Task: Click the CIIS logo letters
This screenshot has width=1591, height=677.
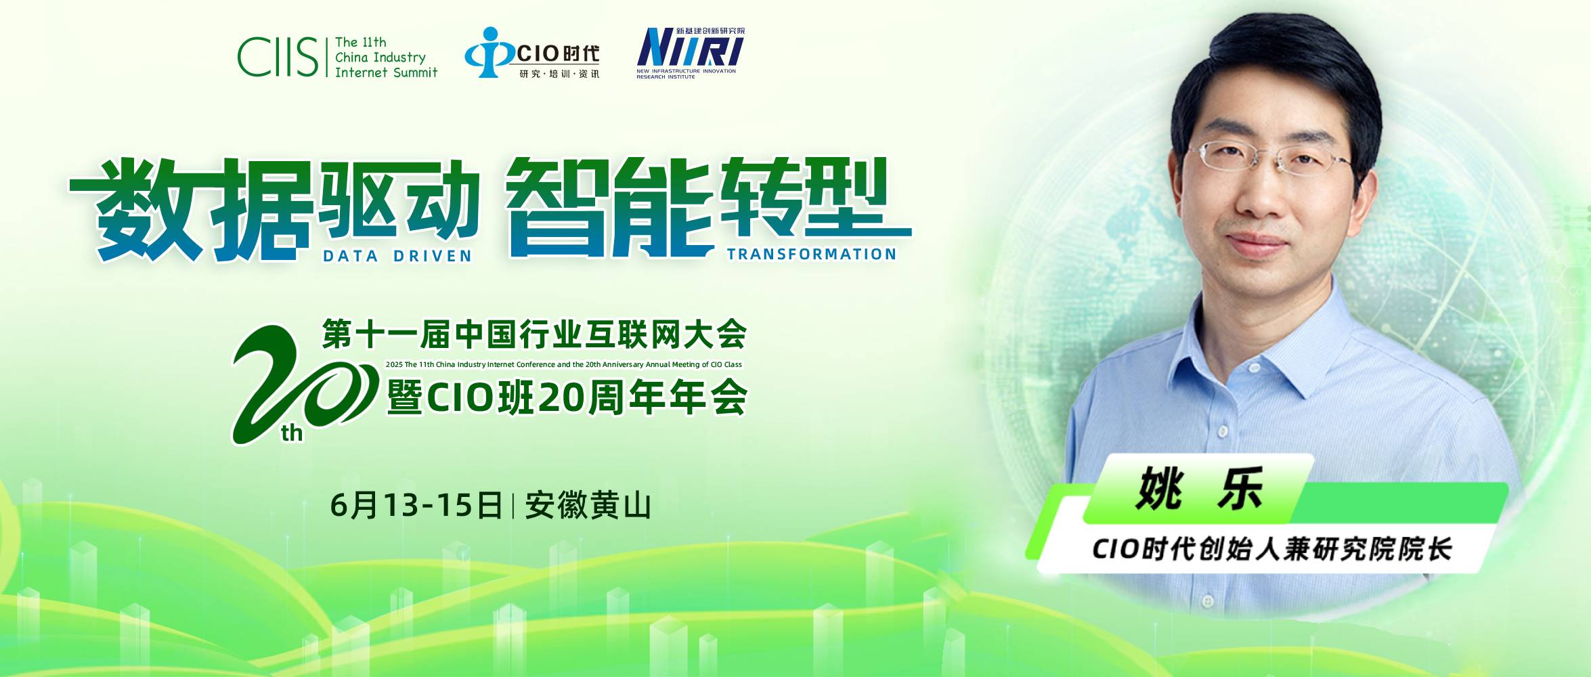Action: (278, 57)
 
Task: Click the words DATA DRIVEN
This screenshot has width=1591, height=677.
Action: (397, 256)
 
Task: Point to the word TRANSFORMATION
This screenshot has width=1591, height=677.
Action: (812, 255)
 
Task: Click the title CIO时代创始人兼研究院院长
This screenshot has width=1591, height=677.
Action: (1271, 549)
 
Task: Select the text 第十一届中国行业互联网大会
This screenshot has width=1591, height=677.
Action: (534, 334)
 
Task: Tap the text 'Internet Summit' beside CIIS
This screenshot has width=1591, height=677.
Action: (386, 72)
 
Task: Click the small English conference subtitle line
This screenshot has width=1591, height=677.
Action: (563, 364)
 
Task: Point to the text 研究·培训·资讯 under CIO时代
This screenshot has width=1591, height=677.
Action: (559, 74)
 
